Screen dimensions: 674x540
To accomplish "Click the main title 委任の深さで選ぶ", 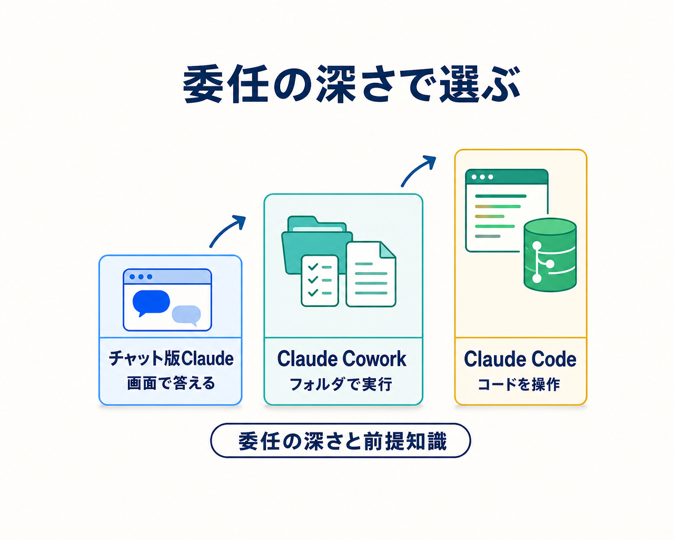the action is pos(351,84).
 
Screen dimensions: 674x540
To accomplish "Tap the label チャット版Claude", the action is pos(171,358).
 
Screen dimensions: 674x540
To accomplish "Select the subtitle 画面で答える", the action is pos(171,383).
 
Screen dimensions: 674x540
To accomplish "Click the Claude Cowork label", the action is pos(342,359).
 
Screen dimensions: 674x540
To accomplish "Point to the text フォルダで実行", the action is pos(341,384).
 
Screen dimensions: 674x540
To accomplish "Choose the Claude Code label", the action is pos(520,359).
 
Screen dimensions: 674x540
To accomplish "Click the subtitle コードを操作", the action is pos(519,384).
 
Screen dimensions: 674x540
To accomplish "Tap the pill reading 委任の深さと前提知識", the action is pos(341,440).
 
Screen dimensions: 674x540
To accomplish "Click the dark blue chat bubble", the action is pos(151,302).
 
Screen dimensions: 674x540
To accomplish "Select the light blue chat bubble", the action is pos(186,315).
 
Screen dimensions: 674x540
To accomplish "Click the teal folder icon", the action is pos(316,245).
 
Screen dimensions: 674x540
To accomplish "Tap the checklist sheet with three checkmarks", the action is pos(320,280).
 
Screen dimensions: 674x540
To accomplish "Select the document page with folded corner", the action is pos(371,274).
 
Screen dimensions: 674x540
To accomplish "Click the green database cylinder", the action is pos(550,255).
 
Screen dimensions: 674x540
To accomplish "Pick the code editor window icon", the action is pos(507,210).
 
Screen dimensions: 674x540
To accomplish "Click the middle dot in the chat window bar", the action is pos(141,277).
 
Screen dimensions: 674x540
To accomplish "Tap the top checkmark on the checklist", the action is pos(313,267).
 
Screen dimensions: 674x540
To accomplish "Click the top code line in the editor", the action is pos(500,196).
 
